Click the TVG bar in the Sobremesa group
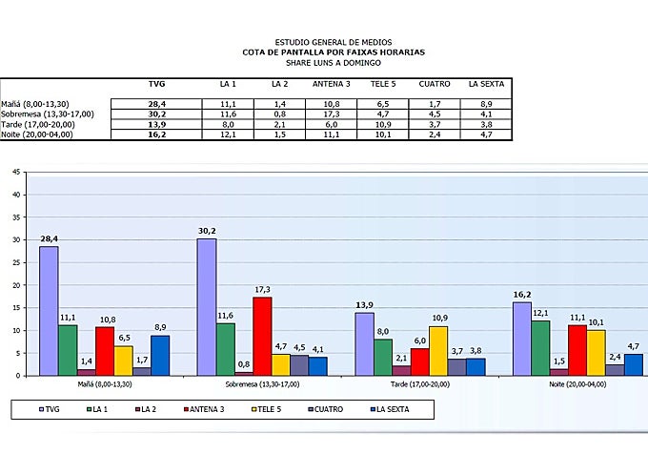coord(206,307)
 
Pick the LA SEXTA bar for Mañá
coord(159,355)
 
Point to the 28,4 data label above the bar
coord(49,238)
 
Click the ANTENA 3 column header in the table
coord(332,84)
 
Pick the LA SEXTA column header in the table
coord(486,84)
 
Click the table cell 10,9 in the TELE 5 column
coord(383,124)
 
